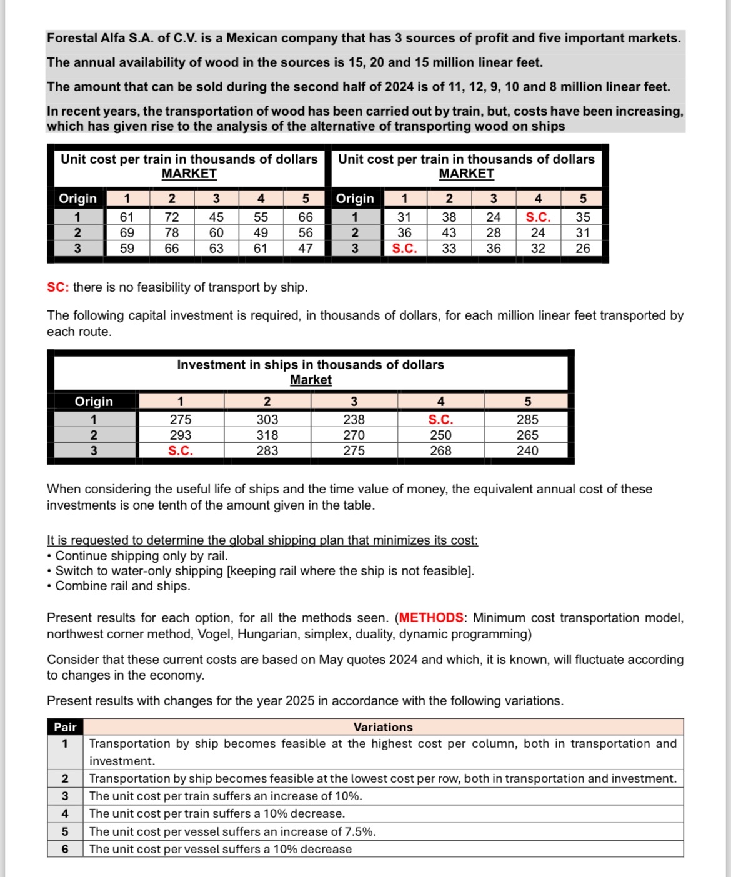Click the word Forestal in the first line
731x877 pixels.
tap(71, 38)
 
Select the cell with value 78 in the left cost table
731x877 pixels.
tap(171, 232)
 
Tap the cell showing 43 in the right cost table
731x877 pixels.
tap(449, 232)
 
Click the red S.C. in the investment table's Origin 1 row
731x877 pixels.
tap(440, 420)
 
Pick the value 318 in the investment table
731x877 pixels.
tap(267, 435)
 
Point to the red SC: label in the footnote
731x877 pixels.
tap(58, 287)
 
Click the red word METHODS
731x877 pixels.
tap(431, 618)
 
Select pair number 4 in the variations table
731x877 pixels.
tap(65, 813)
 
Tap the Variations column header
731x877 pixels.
tap(383, 727)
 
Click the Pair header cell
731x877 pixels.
tap(65, 727)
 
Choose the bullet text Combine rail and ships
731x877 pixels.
tap(122, 586)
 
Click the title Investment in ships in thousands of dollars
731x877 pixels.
tap(311, 365)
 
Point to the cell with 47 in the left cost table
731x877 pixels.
tap(305, 248)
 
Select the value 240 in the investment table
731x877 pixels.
tap(527, 451)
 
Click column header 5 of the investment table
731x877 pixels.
tap(527, 401)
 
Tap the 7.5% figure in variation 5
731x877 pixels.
tap(359, 831)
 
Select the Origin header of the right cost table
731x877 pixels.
tap(355, 199)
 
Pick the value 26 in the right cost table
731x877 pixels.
tap(582, 248)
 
